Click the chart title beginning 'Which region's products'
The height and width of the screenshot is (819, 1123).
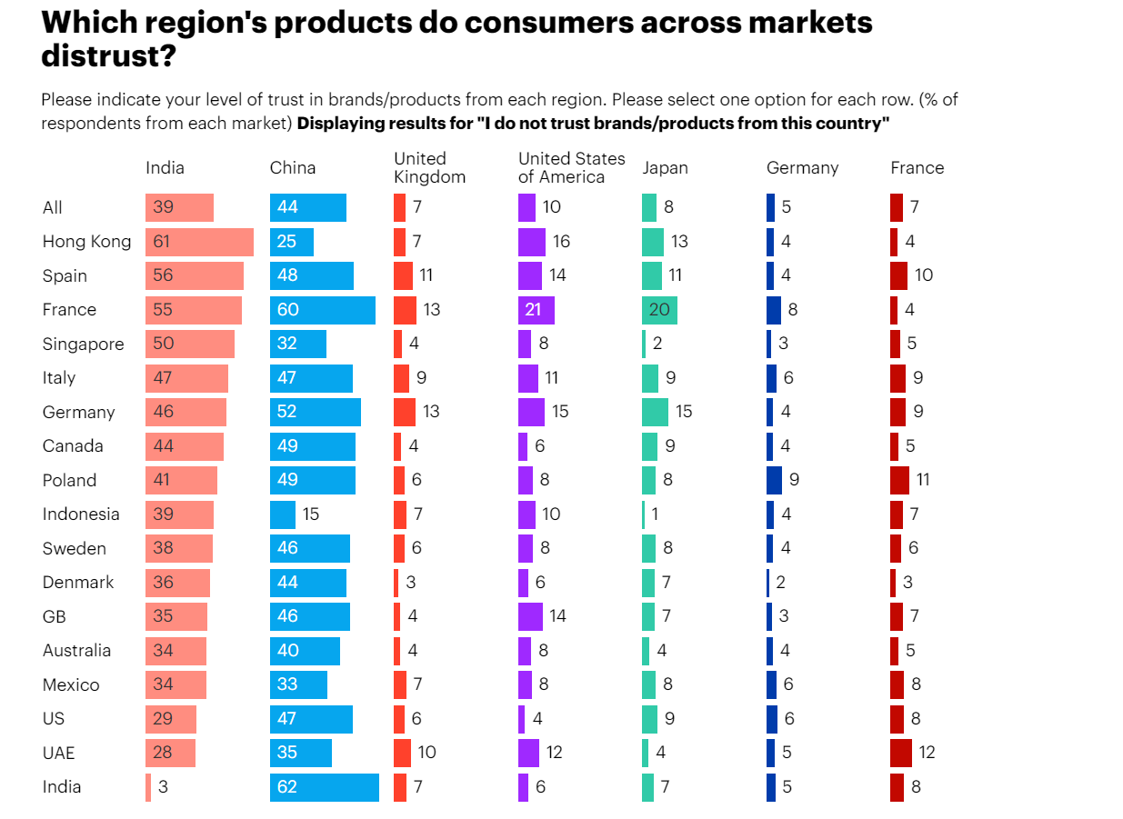coord(456,39)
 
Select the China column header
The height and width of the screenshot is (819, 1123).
coord(293,167)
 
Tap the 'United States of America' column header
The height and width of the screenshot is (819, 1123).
coord(571,167)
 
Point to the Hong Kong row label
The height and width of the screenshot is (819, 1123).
coord(86,242)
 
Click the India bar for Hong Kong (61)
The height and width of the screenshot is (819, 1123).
coord(199,242)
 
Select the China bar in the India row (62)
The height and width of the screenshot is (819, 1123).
coord(324,787)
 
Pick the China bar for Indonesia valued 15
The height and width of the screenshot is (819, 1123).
coord(282,514)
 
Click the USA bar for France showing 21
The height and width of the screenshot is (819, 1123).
coord(536,310)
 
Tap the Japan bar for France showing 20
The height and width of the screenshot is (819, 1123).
coord(659,310)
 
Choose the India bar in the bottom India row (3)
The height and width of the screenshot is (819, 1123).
coord(148,787)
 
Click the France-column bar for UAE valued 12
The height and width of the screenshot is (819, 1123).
coord(900,753)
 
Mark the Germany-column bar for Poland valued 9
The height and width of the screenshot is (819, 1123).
coord(774,480)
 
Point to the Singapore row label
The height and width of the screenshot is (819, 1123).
coord(83,345)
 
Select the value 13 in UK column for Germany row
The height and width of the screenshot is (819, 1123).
coord(431,412)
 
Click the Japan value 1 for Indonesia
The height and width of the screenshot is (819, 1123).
coord(655,514)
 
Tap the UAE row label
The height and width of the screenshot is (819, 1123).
coord(58,753)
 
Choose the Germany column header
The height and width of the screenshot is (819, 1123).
coord(802,167)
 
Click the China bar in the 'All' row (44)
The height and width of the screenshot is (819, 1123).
coord(307,207)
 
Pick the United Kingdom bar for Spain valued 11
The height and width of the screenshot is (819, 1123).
coord(403,275)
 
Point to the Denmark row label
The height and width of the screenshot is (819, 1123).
coord(78,583)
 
